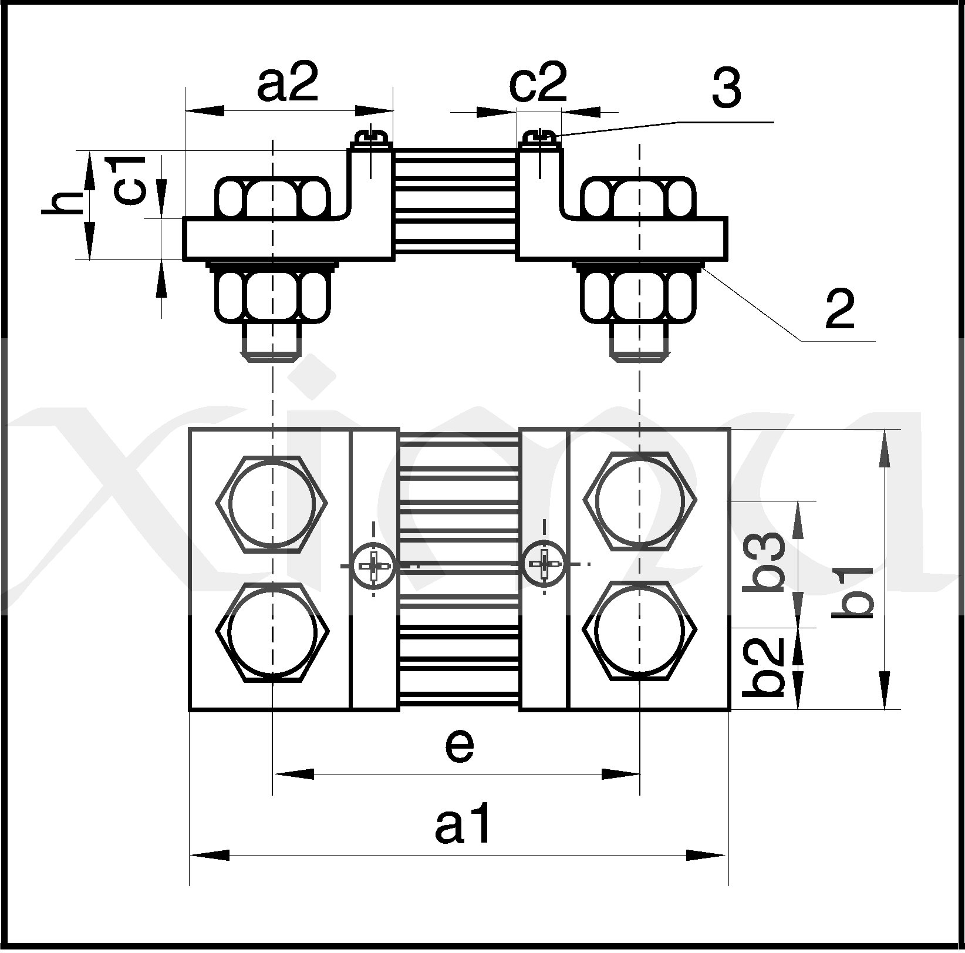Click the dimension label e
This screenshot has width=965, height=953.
click(459, 746)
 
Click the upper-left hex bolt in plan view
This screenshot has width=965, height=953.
click(272, 503)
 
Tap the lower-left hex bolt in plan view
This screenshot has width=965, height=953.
click(272, 632)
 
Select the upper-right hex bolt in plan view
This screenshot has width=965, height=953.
click(640, 501)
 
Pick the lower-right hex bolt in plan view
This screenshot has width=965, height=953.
click(640, 631)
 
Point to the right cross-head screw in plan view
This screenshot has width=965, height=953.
click(545, 564)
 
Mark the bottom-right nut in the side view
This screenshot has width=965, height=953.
click(640, 292)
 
